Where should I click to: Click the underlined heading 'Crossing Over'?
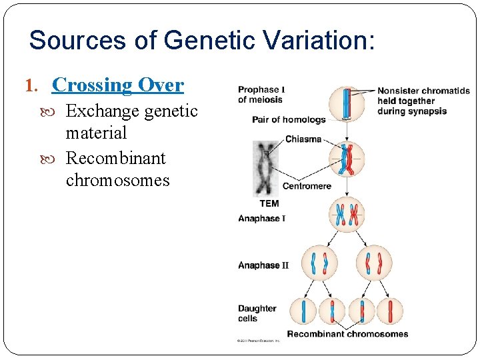point(117,85)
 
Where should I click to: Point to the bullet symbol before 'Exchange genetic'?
point(57,111)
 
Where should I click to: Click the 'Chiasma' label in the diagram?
point(303,139)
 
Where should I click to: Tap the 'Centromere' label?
point(307,186)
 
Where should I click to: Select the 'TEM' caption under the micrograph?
point(269,203)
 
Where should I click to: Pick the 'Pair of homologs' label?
point(289,120)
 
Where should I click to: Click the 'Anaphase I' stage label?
point(262,219)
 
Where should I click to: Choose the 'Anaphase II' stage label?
point(263,265)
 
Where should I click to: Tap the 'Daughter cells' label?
point(257,313)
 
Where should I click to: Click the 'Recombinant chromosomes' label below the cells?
point(347,334)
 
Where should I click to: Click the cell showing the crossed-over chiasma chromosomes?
point(346,160)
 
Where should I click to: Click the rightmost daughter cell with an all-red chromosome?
point(389,311)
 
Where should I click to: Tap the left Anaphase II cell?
point(318,263)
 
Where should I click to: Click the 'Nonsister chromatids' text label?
point(423,91)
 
